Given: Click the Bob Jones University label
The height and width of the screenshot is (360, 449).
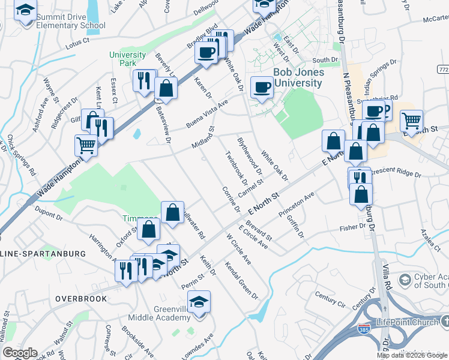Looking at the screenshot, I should click(x=298, y=77).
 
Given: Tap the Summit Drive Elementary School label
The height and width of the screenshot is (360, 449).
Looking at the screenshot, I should click(x=70, y=20).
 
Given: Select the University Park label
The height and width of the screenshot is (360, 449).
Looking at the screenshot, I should click(x=127, y=59).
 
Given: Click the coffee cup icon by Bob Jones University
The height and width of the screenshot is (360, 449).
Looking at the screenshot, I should click(x=262, y=88).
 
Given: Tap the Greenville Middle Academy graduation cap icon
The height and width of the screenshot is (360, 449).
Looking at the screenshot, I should click(x=199, y=301).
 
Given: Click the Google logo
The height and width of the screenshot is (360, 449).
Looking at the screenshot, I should click(x=20, y=353).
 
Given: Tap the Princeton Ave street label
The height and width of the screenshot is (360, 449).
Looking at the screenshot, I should click(x=297, y=205).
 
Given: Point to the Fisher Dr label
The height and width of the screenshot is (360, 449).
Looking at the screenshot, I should click(x=352, y=227).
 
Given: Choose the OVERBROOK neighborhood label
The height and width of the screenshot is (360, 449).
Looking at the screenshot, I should click(x=81, y=298).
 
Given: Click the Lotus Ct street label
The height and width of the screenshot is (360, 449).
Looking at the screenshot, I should click(x=77, y=41).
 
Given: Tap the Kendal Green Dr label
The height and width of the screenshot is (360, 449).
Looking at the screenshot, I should click(x=241, y=280).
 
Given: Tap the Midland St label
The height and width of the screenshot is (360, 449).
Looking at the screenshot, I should click(x=203, y=138).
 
